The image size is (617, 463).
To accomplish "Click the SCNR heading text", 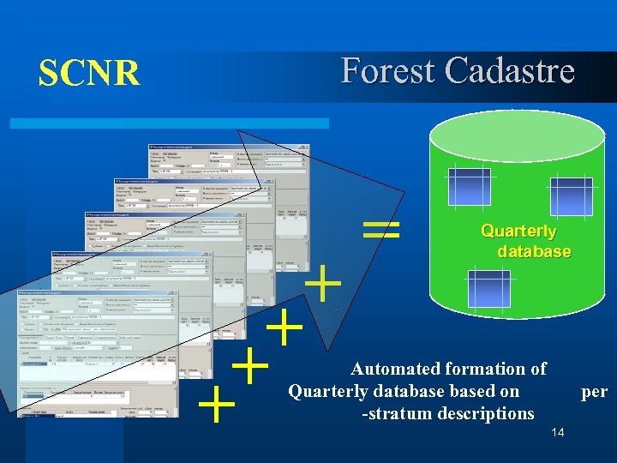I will coord(88,74).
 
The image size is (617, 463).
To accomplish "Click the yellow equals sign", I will coord(380,228).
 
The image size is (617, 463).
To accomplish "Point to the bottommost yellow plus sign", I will coord(218,405).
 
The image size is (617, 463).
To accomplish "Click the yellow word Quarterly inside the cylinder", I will coord(518,231).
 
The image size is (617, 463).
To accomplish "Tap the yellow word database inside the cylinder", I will coord(533,252).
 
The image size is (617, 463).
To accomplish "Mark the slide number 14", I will coord(557,432).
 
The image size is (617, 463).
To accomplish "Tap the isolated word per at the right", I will coord(594,392).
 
